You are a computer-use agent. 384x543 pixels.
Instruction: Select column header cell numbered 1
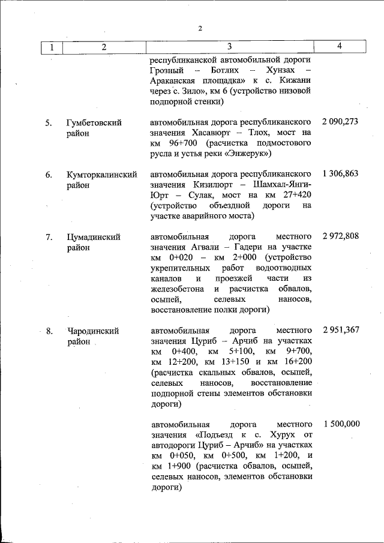[x=52, y=47]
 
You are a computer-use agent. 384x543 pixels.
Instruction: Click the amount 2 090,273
[x=340, y=122]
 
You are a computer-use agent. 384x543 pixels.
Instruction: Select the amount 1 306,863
[x=340, y=174]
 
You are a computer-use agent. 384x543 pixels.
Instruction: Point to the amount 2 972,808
[x=340, y=236]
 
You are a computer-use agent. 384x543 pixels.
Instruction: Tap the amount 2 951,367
[x=340, y=330]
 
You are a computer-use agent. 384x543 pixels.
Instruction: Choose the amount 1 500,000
[x=341, y=424]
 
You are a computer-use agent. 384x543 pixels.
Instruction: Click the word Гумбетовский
[x=94, y=122]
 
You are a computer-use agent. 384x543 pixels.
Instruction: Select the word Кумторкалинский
[x=99, y=175]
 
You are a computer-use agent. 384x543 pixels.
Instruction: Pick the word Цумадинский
[x=93, y=236]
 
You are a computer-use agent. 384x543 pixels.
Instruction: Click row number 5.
[x=49, y=122]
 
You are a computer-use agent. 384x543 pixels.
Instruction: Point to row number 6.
[x=49, y=175]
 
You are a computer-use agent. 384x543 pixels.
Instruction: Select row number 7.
[x=49, y=236]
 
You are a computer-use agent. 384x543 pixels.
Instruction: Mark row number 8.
[x=49, y=331]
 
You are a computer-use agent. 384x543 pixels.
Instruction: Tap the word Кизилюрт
[x=215, y=185]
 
